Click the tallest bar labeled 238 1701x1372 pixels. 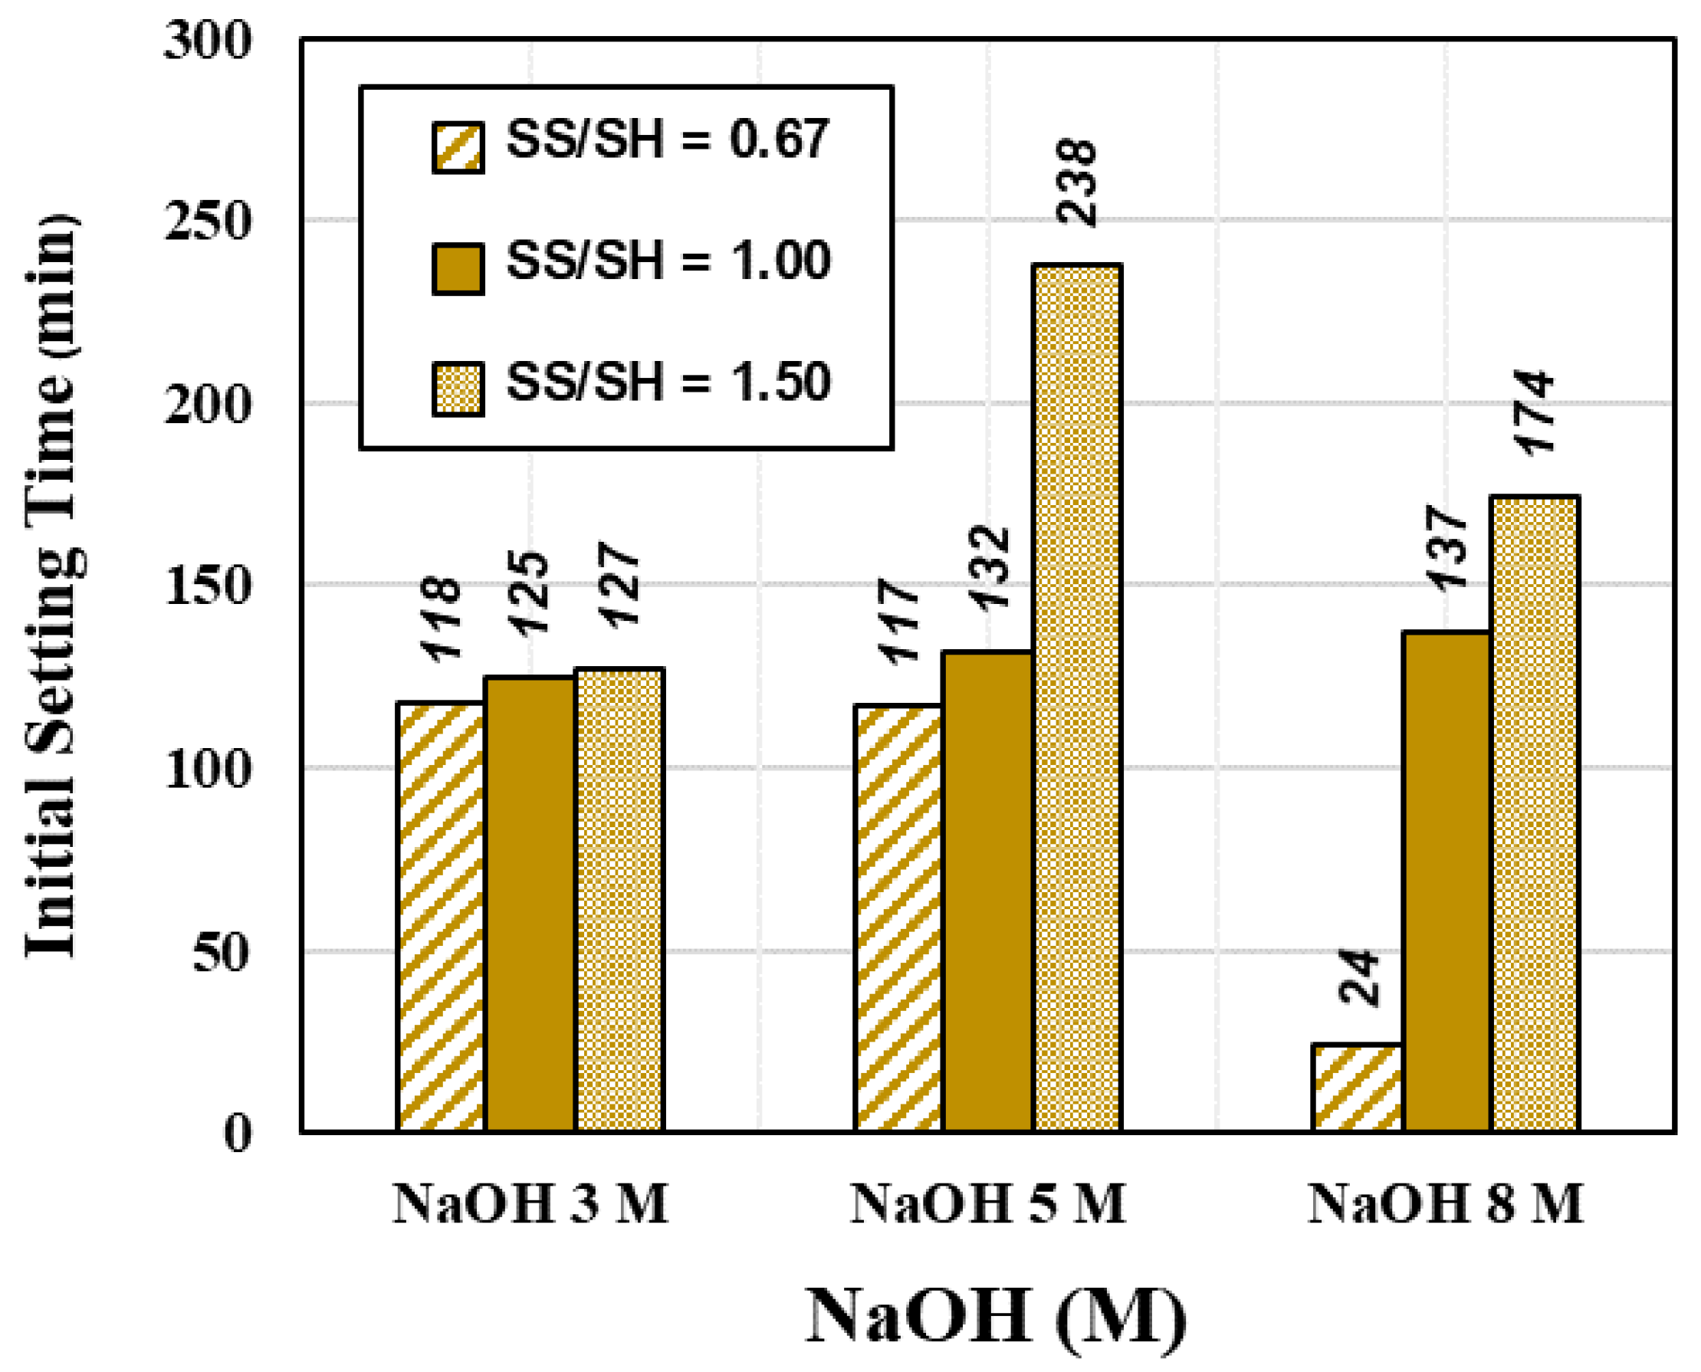point(1076,697)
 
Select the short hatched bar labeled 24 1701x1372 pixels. point(1356,1088)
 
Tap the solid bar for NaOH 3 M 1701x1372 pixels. point(530,904)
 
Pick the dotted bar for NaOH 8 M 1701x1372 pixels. point(1534,814)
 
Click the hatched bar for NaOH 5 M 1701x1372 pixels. point(898,917)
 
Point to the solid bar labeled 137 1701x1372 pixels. point(1446,881)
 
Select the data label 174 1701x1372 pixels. point(1534,412)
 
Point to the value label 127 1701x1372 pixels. point(619,585)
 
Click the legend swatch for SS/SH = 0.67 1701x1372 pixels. point(458,148)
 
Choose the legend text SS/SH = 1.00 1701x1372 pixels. point(668,261)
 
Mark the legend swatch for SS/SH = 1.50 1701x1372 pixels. point(458,388)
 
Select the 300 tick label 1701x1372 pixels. point(207,40)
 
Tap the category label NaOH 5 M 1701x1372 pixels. point(987,1204)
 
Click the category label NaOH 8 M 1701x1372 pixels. point(1445,1204)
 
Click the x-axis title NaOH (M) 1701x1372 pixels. point(995,1316)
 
